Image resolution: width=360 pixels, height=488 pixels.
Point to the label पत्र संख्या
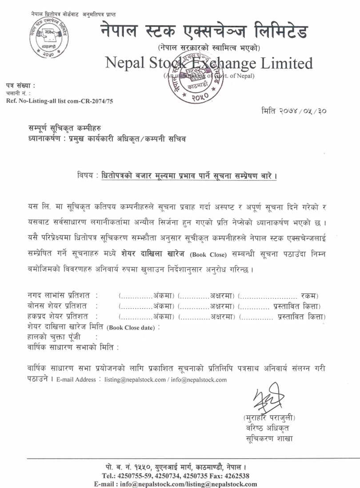coord(20,85)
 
